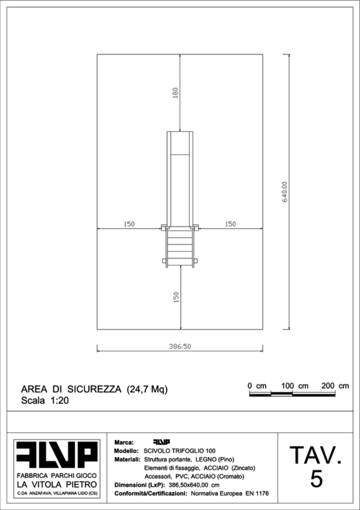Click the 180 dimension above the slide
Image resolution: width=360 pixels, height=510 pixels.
(x=175, y=93)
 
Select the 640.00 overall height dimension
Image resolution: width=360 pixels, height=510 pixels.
(x=285, y=192)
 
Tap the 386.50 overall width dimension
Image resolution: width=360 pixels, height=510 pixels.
(x=180, y=347)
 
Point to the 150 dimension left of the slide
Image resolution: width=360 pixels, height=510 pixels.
(x=129, y=224)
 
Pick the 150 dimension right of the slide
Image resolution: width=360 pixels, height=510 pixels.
(x=230, y=224)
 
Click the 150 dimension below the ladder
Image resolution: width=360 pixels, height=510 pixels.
(x=176, y=297)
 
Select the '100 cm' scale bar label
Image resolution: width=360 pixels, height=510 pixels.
(x=295, y=386)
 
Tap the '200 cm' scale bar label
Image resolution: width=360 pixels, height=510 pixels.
(x=335, y=386)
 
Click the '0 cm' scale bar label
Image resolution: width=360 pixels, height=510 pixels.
(x=257, y=386)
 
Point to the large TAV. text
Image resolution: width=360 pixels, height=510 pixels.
(x=315, y=456)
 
